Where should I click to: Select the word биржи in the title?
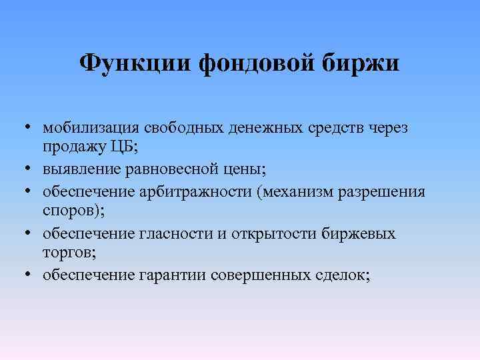361,64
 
